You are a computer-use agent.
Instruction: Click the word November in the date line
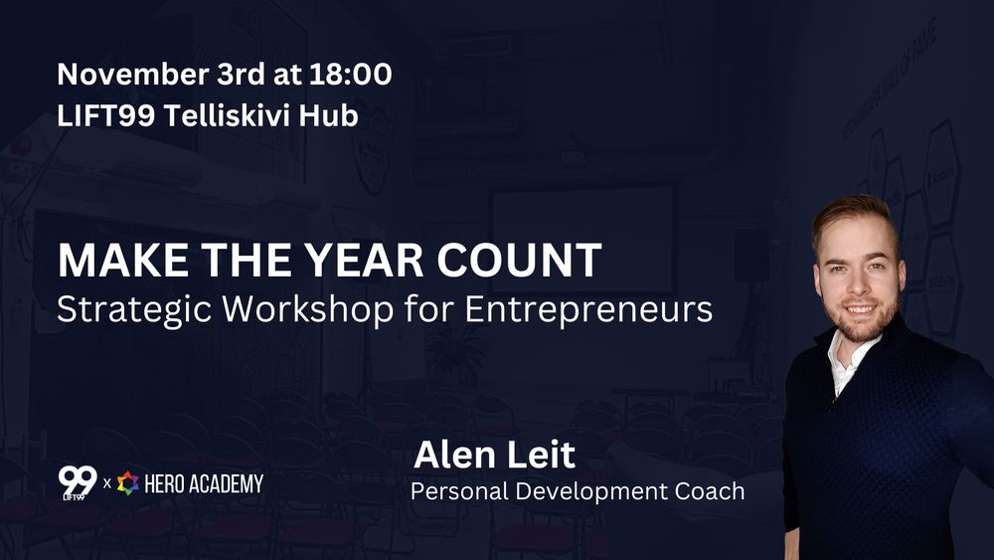point(131,74)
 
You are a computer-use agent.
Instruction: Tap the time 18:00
point(351,74)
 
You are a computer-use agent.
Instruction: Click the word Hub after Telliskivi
point(328,115)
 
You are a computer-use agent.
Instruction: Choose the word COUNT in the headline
point(519,260)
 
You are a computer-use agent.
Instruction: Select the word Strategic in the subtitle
point(134,310)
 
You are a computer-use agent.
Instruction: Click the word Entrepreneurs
point(588,310)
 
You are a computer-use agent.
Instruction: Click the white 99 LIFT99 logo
point(78,483)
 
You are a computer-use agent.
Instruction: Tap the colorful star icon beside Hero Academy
point(127,483)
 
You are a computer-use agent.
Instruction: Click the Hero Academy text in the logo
point(204,483)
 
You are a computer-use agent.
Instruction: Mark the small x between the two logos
point(106,483)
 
